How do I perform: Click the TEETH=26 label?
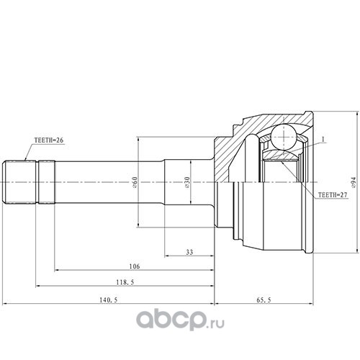click(49, 140)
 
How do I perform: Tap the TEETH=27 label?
click(333, 195)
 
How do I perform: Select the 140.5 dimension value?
click(109, 300)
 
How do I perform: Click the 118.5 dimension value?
click(125, 282)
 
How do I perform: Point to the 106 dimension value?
click(135, 266)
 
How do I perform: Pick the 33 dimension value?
click(189, 252)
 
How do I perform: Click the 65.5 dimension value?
click(264, 300)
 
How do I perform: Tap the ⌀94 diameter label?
click(354, 182)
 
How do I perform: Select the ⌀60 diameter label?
click(135, 182)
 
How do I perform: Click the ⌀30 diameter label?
click(187, 182)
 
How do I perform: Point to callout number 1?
click(323, 139)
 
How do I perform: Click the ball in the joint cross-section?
click(284, 138)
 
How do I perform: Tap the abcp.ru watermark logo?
click(181, 319)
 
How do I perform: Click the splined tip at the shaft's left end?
click(19, 182)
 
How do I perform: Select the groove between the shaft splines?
click(37, 182)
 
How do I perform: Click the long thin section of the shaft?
click(109, 182)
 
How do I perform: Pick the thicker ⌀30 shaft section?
click(189, 182)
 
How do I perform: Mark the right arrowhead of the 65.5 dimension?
click(311, 304)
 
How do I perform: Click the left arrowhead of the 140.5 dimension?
click(4, 304)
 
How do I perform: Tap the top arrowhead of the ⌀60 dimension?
click(138, 139)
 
